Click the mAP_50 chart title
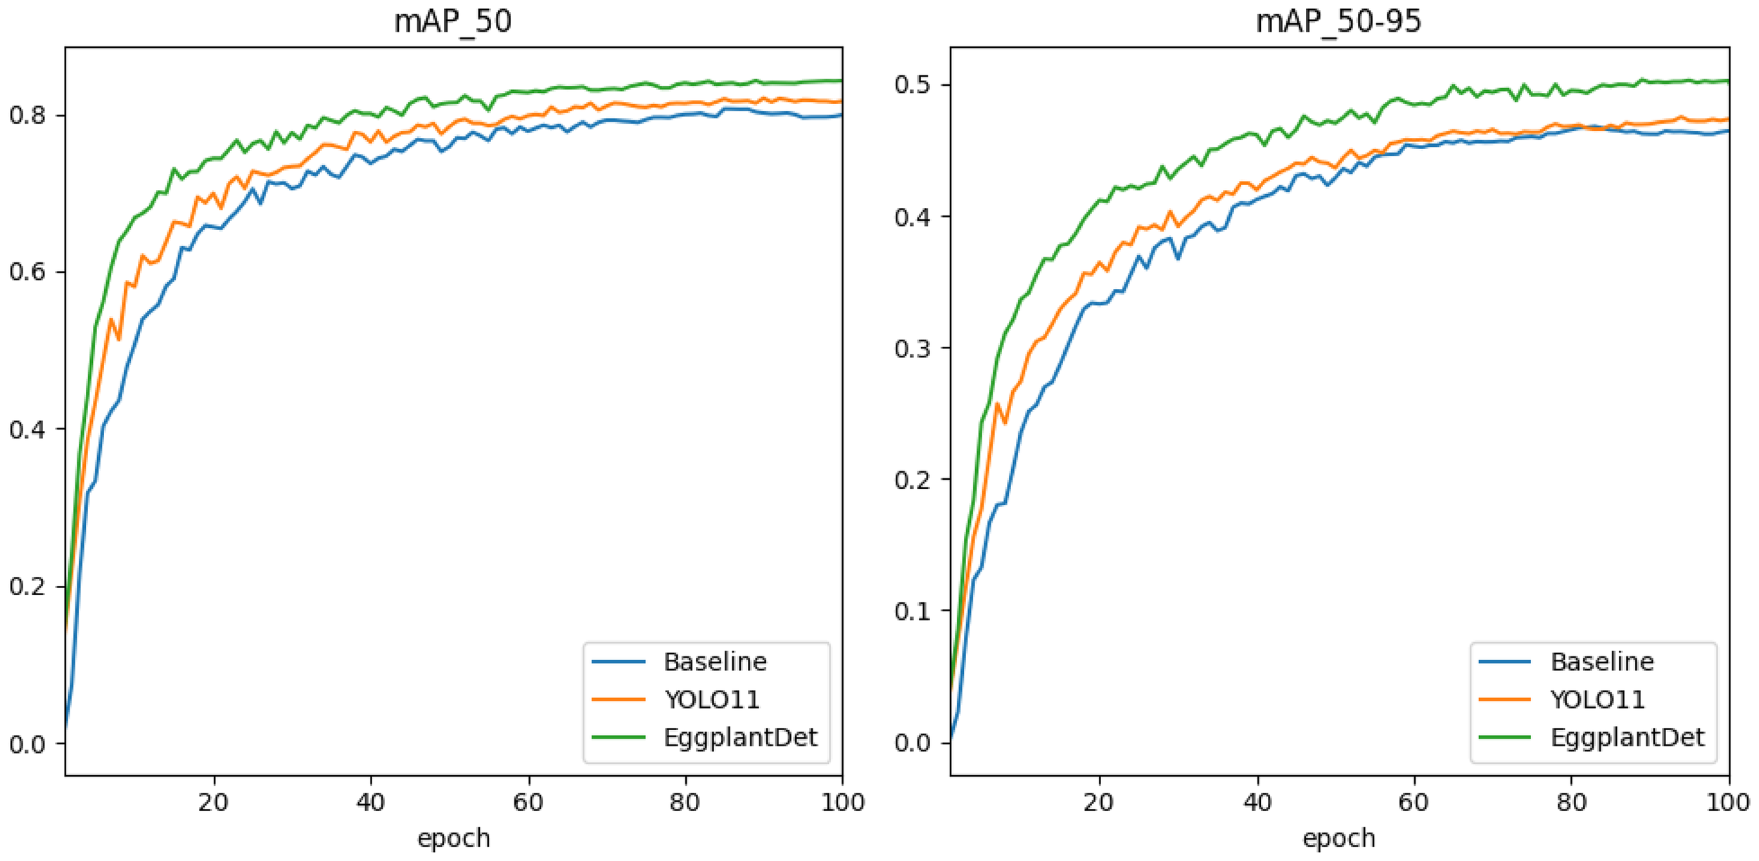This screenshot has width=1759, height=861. pyautogui.click(x=452, y=21)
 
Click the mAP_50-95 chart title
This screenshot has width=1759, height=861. pyautogui.click(x=1338, y=21)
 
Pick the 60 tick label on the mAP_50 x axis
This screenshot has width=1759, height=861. pyautogui.click(x=528, y=803)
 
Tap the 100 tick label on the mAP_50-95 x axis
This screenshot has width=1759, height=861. pyautogui.click(x=1728, y=803)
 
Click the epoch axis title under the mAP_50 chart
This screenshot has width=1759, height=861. pyautogui.click(x=453, y=838)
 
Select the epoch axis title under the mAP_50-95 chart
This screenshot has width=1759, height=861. pyautogui.click(x=1339, y=838)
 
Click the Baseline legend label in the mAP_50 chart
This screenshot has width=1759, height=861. pyautogui.click(x=715, y=662)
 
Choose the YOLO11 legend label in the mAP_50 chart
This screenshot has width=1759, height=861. pyautogui.click(x=712, y=700)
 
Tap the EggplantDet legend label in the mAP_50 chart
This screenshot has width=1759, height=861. pyautogui.click(x=740, y=738)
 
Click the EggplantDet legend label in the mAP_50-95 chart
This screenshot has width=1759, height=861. pyautogui.click(x=1627, y=738)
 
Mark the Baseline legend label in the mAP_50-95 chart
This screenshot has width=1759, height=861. pyautogui.click(x=1602, y=662)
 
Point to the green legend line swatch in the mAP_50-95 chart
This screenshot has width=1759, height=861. pyautogui.click(x=1504, y=738)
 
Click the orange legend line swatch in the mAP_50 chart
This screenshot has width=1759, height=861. pyautogui.click(x=618, y=700)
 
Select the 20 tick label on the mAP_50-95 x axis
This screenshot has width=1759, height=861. pyautogui.click(x=1098, y=803)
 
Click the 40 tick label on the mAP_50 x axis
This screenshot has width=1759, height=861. pyautogui.click(x=370, y=803)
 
